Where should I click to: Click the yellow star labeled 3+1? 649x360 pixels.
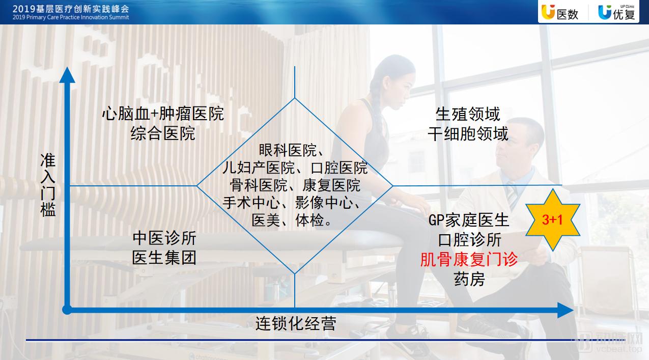click(552, 219)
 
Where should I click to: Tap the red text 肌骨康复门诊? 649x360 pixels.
click(469, 259)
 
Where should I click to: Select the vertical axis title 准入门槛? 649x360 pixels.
click(48, 185)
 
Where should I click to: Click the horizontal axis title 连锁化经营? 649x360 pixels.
click(296, 323)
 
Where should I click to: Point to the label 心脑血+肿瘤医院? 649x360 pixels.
click(163, 114)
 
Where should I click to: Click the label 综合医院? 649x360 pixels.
click(163, 133)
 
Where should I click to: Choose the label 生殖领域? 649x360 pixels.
click(468, 114)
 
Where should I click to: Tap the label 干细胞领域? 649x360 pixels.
click(468, 133)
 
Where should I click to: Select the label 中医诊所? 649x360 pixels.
click(164, 238)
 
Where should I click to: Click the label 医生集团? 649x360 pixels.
click(164, 258)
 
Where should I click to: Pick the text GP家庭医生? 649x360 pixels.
click(468, 220)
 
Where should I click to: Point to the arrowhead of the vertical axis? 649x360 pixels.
click(67, 75)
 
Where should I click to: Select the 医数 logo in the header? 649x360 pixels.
click(560, 13)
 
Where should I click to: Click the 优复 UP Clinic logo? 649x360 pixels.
click(616, 12)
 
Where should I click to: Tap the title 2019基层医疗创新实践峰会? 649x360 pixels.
click(71, 9)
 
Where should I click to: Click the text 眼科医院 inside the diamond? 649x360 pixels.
click(288, 150)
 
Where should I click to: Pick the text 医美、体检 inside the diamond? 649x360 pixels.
click(288, 220)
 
